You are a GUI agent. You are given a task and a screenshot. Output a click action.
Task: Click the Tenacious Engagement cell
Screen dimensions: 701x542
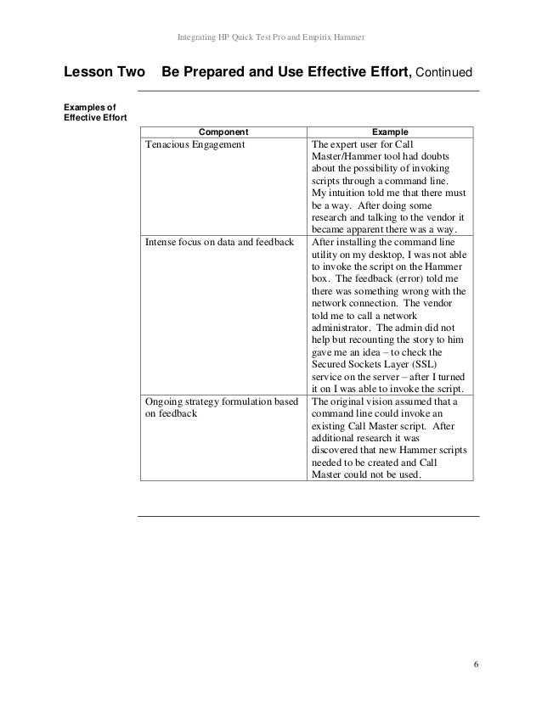(x=195, y=145)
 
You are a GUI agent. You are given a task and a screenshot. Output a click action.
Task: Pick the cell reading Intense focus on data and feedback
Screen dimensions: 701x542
(x=219, y=242)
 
